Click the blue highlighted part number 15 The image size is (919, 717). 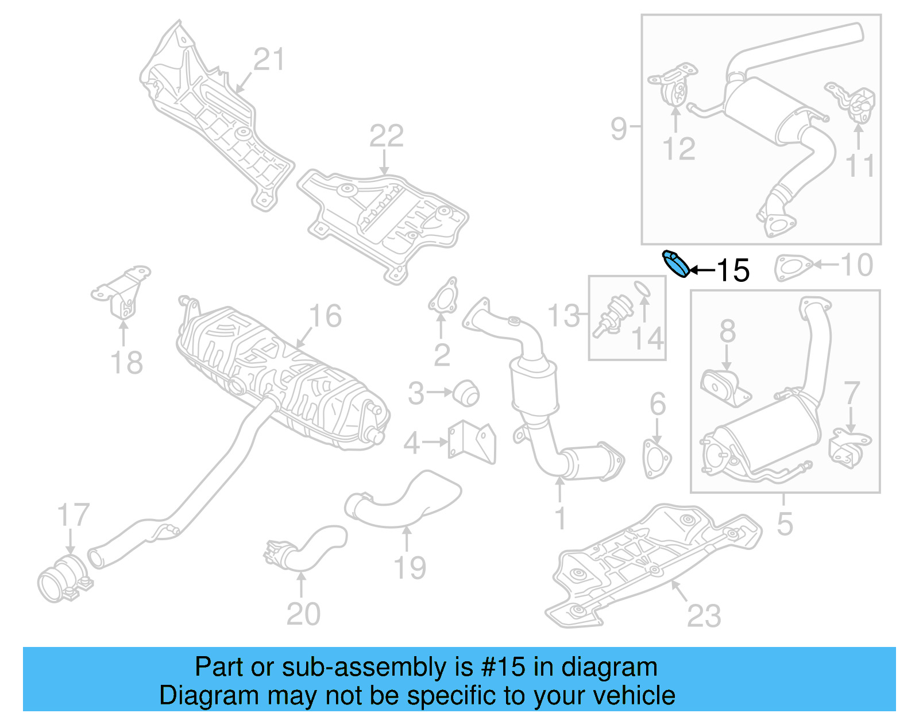(675, 264)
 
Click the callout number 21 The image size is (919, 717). (269, 60)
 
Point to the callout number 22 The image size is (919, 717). (386, 137)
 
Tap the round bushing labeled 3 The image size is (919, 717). (466, 393)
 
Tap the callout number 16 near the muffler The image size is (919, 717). (325, 316)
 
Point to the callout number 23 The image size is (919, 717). (704, 616)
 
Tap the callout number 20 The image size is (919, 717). (303, 614)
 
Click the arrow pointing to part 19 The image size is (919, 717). (407, 538)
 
